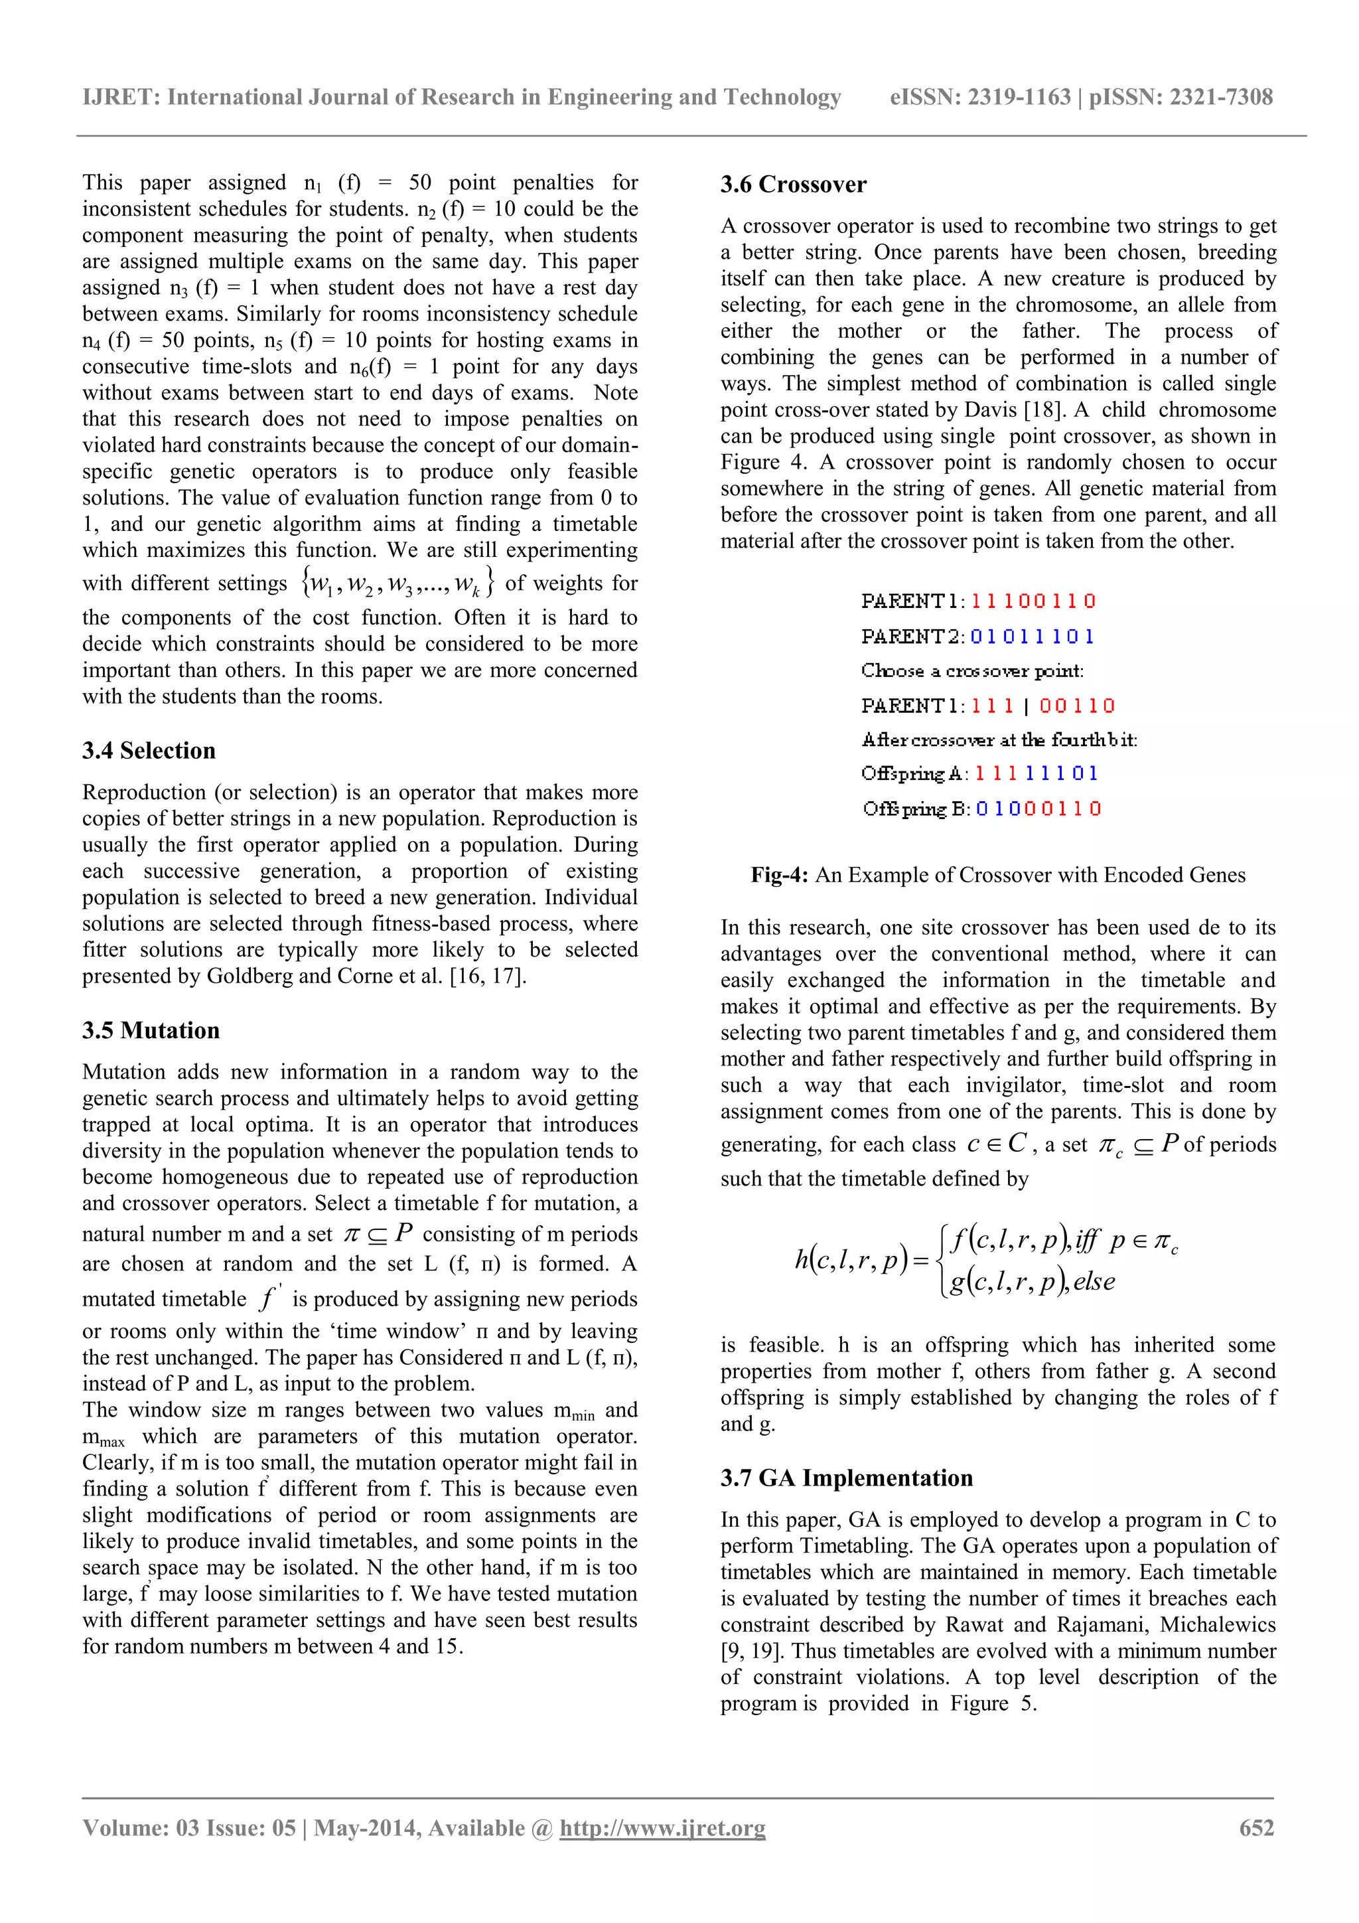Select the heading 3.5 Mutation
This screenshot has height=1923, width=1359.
click(151, 1030)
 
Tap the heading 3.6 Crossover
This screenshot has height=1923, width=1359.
click(793, 185)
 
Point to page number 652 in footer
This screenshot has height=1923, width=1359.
click(1256, 1827)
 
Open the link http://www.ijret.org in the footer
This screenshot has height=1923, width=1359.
click(662, 1827)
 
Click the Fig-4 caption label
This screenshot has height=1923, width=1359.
click(779, 876)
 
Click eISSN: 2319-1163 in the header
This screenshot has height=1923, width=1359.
click(979, 97)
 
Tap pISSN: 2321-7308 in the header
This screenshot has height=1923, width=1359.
click(1180, 97)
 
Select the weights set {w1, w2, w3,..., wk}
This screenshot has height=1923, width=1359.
click(397, 582)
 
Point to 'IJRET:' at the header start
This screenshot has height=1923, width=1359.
click(121, 97)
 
